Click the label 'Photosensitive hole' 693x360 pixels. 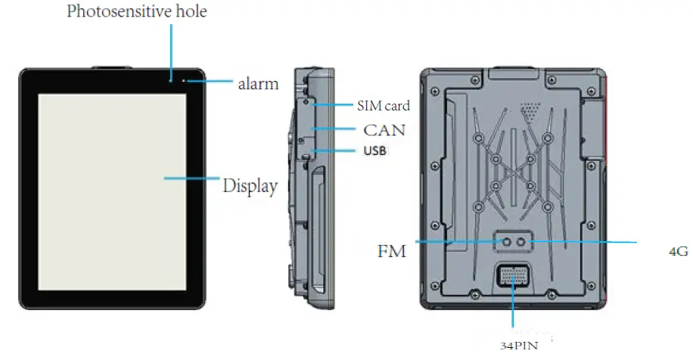pyautogui.click(x=136, y=11)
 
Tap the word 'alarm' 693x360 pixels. pyautogui.click(x=258, y=84)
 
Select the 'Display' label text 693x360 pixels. pyautogui.click(x=250, y=185)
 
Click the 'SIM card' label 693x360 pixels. pyautogui.click(x=383, y=106)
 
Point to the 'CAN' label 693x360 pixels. pyautogui.click(x=384, y=130)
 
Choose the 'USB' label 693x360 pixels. pyautogui.click(x=375, y=151)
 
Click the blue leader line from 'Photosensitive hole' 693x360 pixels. pyautogui.click(x=171, y=49)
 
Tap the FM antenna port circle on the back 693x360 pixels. pyautogui.click(x=507, y=241)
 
